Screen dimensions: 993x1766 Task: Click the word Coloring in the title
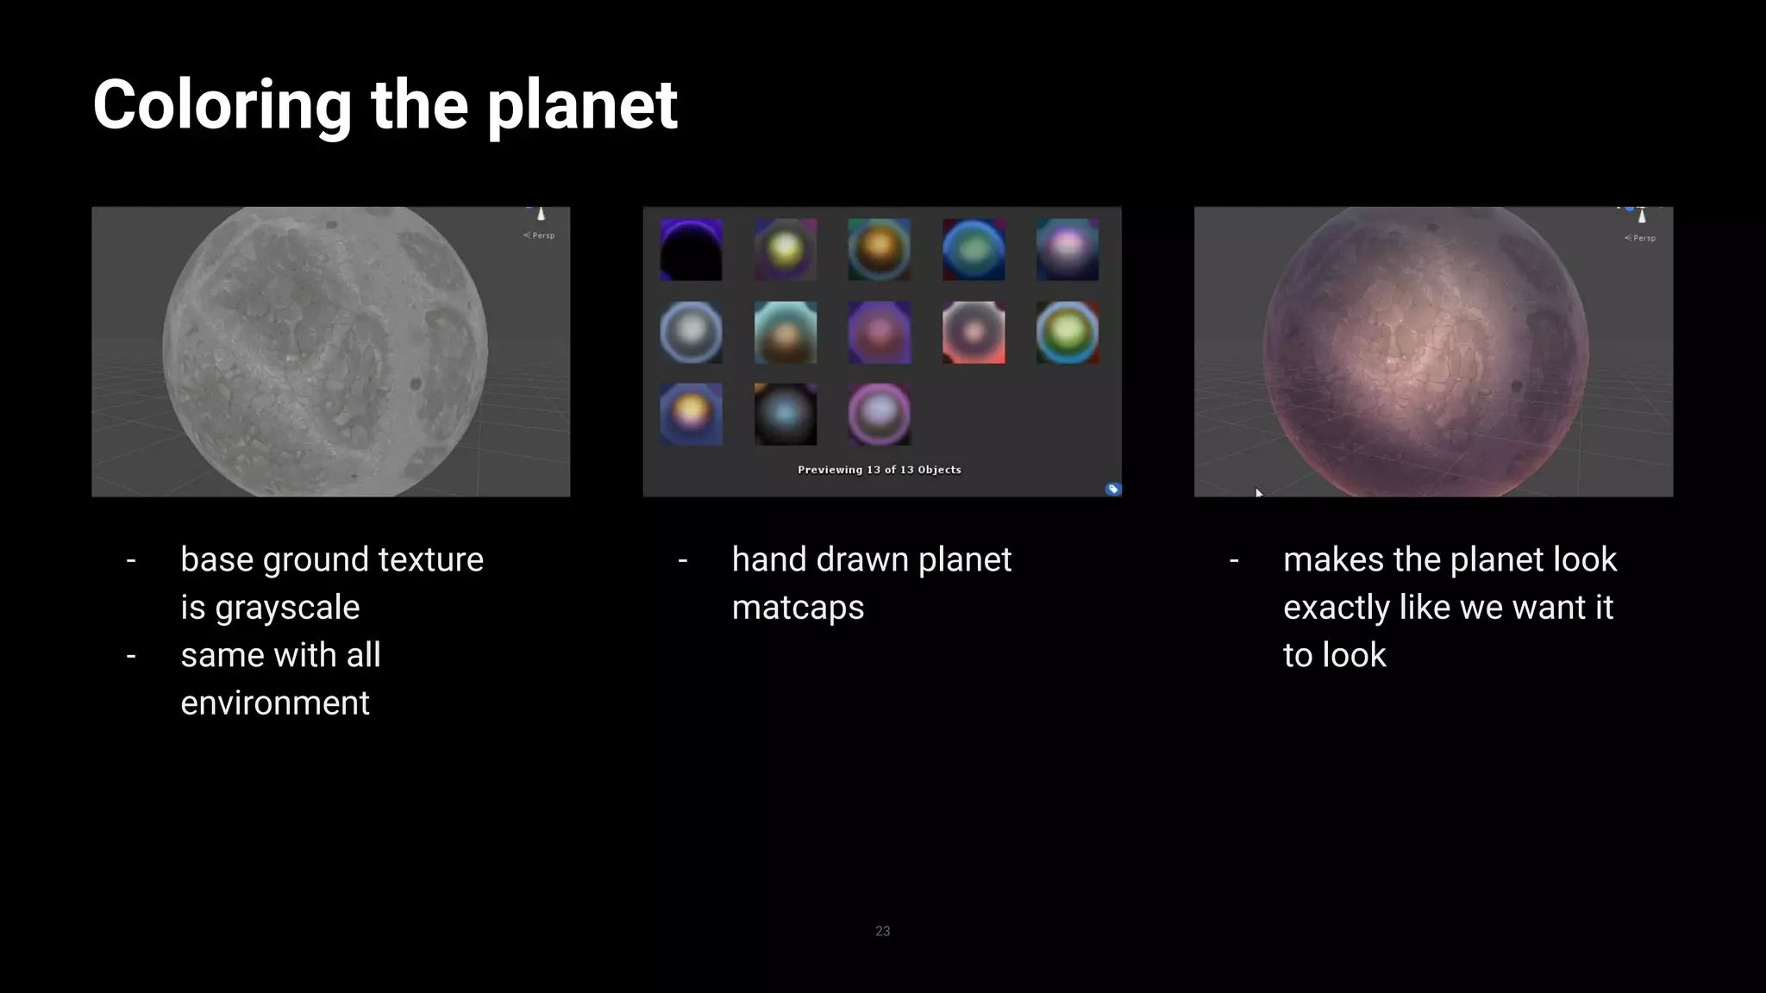point(222,105)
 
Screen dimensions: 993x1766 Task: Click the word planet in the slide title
point(582,105)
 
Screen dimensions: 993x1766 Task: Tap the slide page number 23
point(882,931)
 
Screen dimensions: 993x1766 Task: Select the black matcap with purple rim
point(691,250)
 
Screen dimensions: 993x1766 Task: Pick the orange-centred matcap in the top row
point(879,250)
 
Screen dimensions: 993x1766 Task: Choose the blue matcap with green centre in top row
point(974,250)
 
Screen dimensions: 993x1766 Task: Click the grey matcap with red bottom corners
point(974,333)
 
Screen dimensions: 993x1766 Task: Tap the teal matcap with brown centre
point(785,333)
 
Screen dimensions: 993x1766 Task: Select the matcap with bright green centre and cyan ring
point(1068,333)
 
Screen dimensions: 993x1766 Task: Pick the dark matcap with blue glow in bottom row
point(785,415)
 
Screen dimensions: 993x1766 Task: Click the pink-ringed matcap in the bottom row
point(879,415)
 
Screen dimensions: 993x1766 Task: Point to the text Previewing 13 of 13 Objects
point(879,470)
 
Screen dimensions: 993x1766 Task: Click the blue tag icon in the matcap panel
point(1112,490)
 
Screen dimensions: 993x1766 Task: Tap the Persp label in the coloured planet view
point(1644,238)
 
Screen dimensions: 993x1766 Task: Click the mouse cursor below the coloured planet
point(1258,493)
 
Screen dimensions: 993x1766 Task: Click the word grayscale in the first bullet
point(287,608)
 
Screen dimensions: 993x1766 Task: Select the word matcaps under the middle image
point(798,608)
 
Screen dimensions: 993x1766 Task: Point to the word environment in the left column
point(275,703)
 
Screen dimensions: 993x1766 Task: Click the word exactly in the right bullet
point(1336,608)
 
